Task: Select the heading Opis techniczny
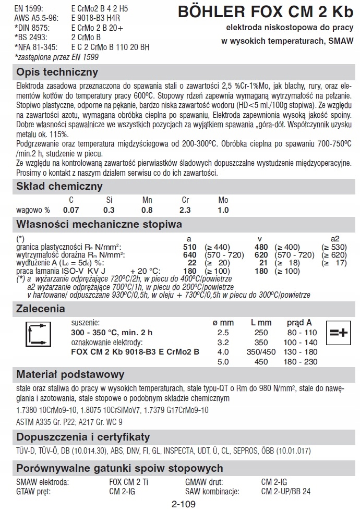[57, 72]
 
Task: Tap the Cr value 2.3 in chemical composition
[185, 210]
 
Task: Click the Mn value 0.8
[147, 210]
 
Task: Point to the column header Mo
[223, 200]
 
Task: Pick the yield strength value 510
[190, 247]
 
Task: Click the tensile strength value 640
[190, 255]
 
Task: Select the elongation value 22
[192, 263]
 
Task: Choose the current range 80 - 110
[302, 333]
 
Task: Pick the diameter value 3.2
[223, 343]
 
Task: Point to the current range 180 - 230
[302, 361]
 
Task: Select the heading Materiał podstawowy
[70, 374]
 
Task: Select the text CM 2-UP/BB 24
[286, 491]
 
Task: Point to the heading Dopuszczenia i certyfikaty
[83, 436]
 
